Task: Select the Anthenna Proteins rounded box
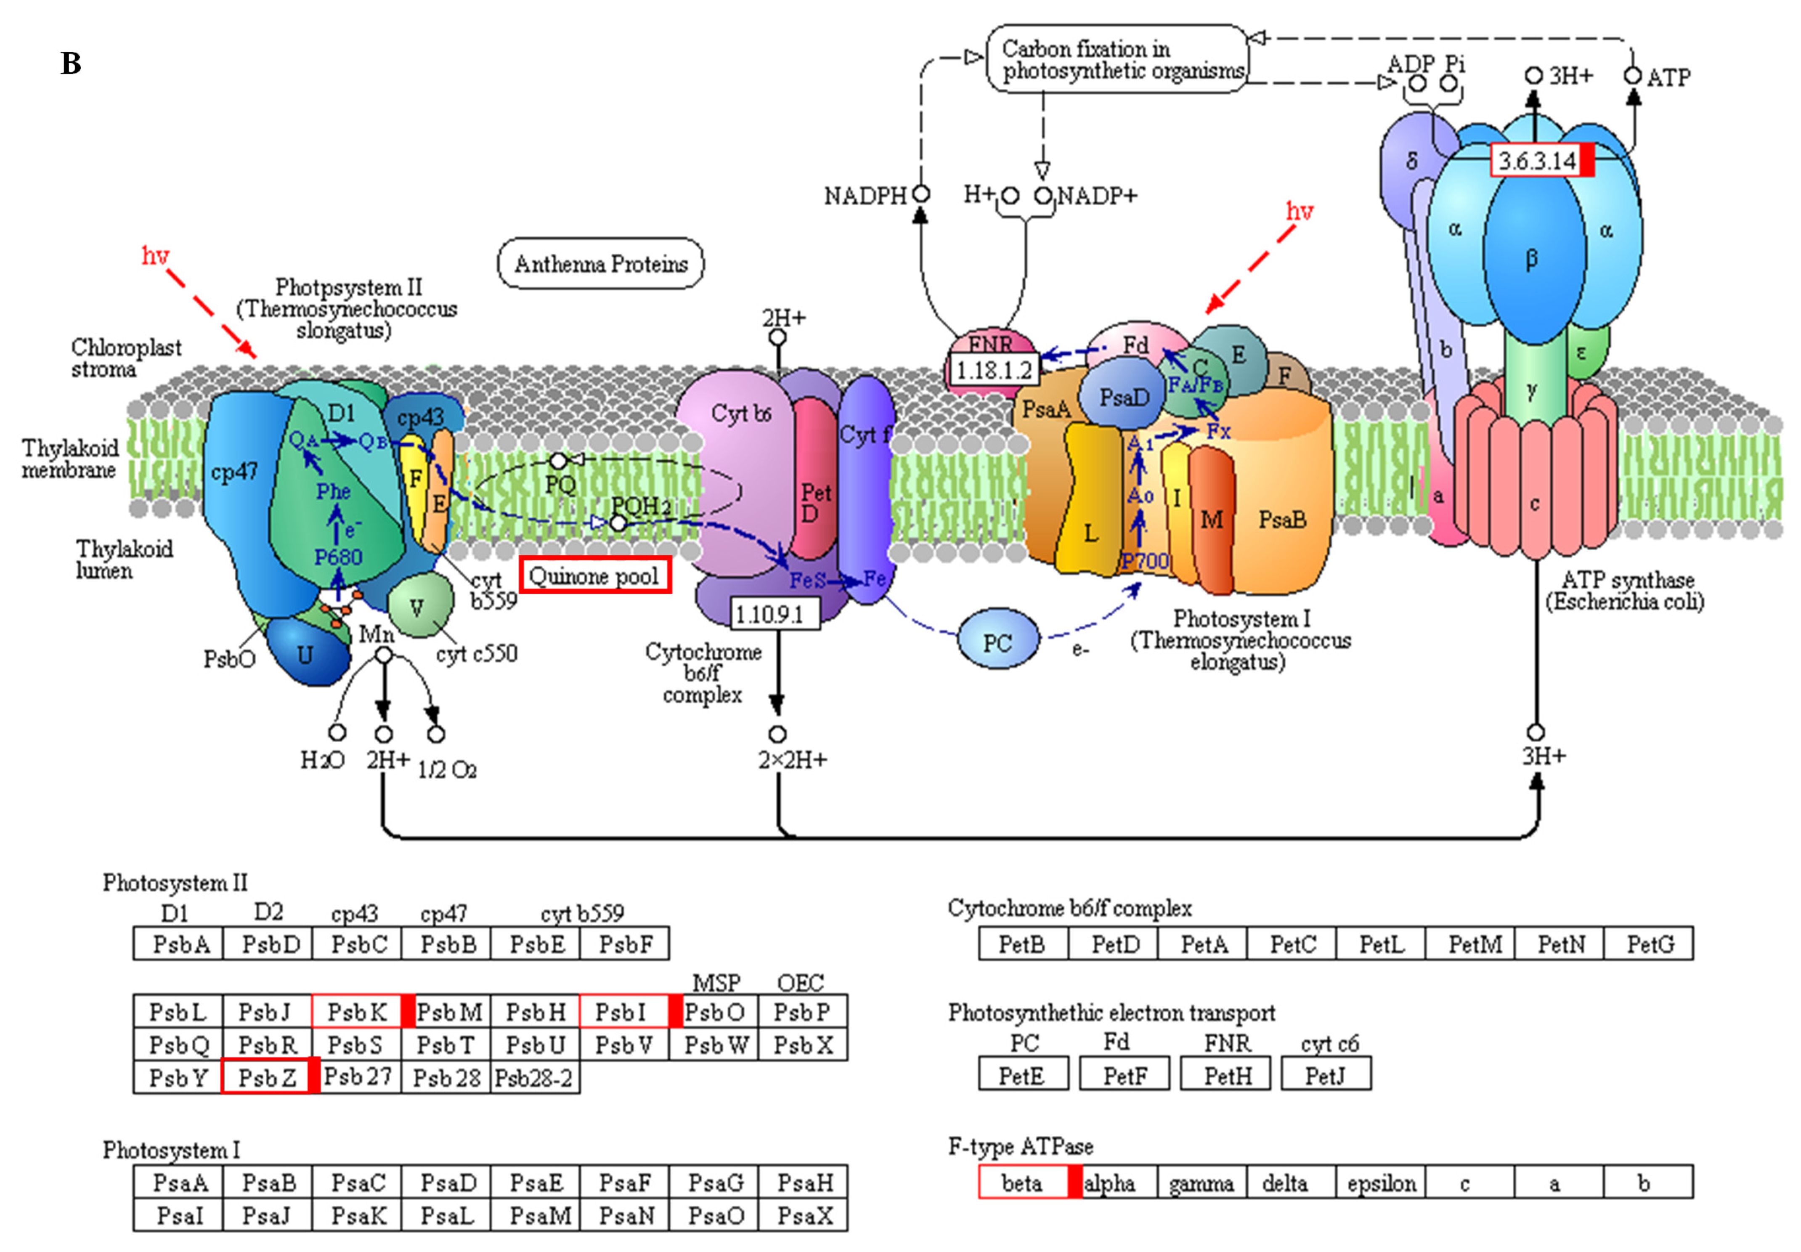[x=601, y=264]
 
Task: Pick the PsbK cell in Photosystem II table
[x=357, y=1012]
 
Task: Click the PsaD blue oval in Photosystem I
[x=1123, y=397]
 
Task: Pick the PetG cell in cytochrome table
[x=1650, y=944]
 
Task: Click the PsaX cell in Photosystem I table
[x=804, y=1215]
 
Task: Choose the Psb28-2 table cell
[x=534, y=1077]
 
